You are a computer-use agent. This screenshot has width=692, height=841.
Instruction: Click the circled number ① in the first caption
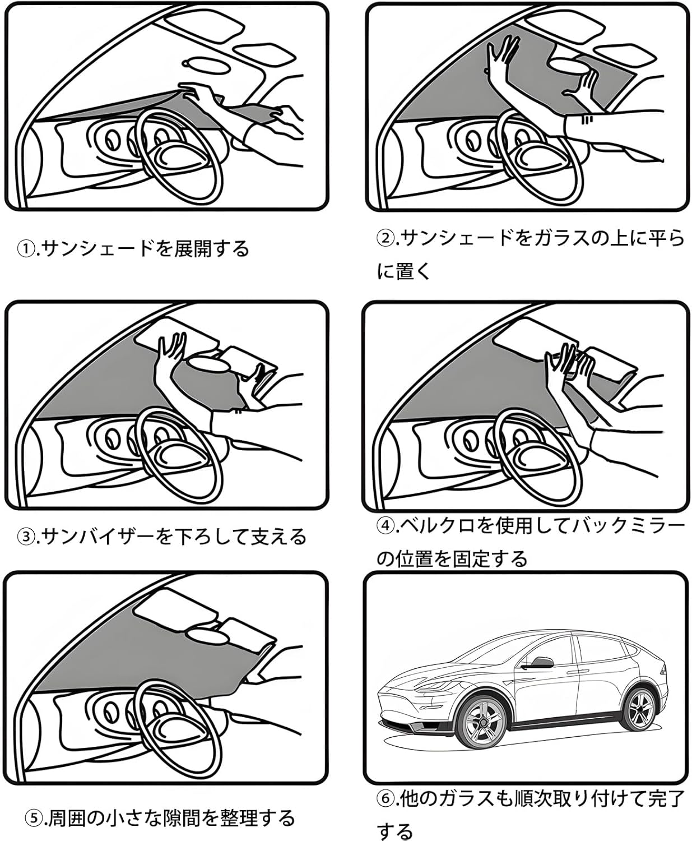pyautogui.click(x=26, y=248)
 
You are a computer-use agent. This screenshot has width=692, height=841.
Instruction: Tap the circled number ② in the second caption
pyautogui.click(x=384, y=239)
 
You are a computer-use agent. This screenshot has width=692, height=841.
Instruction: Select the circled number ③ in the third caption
pyautogui.click(x=26, y=537)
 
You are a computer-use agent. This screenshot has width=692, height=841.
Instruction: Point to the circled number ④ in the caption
pyautogui.click(x=385, y=526)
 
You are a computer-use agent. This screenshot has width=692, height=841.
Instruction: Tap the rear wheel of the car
pyautogui.click(x=640, y=709)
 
